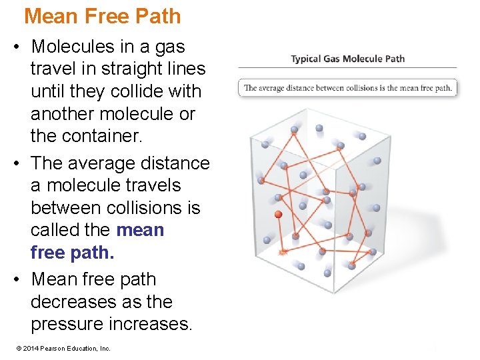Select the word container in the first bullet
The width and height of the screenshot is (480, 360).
92,136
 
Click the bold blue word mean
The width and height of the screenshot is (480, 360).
140,230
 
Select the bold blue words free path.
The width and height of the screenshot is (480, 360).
73,253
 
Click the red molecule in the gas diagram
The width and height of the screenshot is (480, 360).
279,215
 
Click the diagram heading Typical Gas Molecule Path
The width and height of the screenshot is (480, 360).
347,59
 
